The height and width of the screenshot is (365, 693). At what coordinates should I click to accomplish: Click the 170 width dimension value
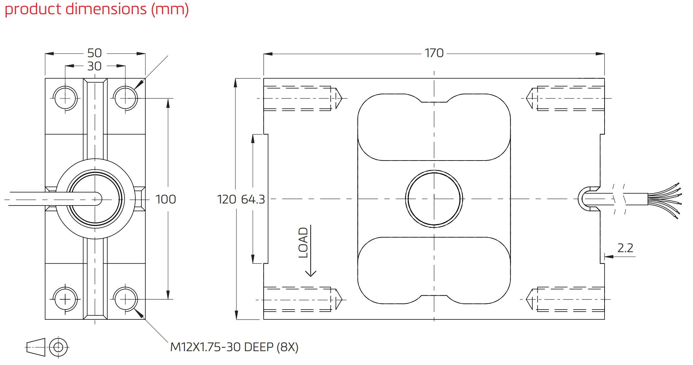(434, 53)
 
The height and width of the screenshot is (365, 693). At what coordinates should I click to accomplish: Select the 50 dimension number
(95, 53)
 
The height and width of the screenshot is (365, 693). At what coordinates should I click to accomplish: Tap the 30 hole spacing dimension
(95, 66)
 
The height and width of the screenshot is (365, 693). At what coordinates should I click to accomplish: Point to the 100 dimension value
(166, 199)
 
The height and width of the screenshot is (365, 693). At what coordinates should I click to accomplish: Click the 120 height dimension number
(226, 199)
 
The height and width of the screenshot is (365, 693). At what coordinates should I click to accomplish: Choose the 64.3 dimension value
(253, 199)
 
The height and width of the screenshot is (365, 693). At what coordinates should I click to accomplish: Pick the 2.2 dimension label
(625, 248)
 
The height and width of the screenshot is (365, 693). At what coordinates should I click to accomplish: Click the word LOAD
(304, 243)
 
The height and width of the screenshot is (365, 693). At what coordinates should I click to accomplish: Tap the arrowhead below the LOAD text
(311, 273)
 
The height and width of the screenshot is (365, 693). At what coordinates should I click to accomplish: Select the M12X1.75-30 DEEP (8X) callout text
(234, 347)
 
